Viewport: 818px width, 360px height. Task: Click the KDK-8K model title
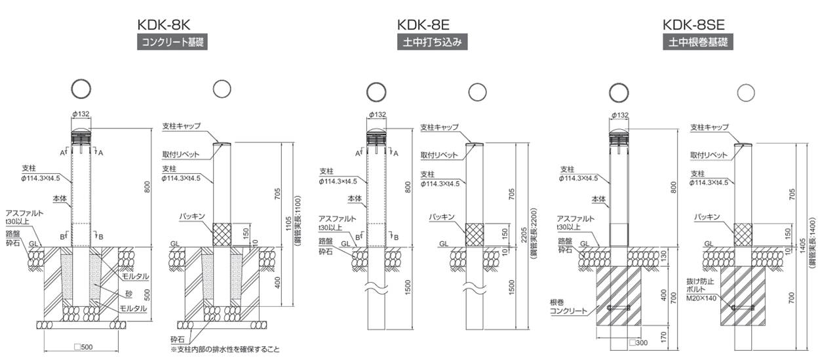tap(163, 25)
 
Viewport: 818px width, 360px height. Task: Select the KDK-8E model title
tap(423, 25)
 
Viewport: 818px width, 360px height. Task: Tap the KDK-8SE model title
tap(693, 25)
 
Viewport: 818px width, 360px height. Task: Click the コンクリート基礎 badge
tap(166, 43)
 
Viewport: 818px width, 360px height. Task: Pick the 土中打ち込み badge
tap(433, 43)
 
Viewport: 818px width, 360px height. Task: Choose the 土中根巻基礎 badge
tap(697, 43)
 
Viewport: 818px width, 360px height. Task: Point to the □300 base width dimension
tap(638, 342)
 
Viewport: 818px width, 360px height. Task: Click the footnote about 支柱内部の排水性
tap(224, 349)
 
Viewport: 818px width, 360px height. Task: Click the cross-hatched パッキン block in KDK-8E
tap(475, 232)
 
